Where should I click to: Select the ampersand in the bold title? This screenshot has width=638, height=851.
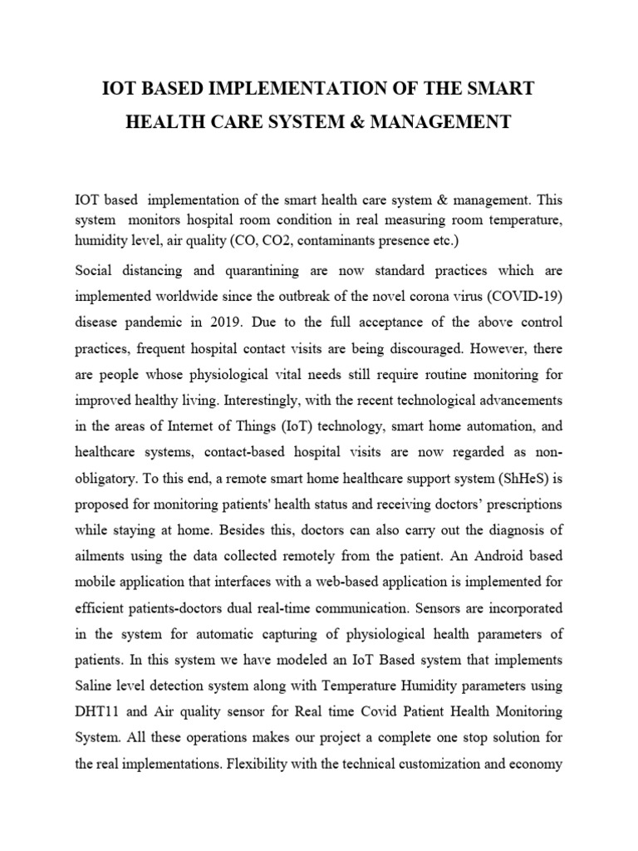tap(351, 122)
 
